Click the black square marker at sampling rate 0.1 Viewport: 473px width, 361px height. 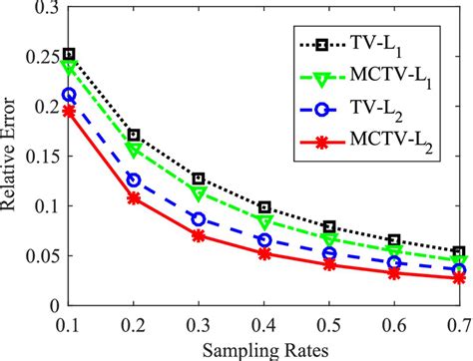69,54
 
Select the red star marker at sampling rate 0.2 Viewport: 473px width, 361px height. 134,198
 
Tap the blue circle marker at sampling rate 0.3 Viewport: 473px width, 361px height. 199,218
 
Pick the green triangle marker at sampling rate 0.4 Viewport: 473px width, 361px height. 263,221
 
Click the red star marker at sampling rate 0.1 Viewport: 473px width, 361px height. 69,111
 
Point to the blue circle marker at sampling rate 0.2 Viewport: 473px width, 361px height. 134,180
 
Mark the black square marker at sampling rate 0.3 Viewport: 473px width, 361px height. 199,178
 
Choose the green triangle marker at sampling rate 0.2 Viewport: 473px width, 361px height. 134,151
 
